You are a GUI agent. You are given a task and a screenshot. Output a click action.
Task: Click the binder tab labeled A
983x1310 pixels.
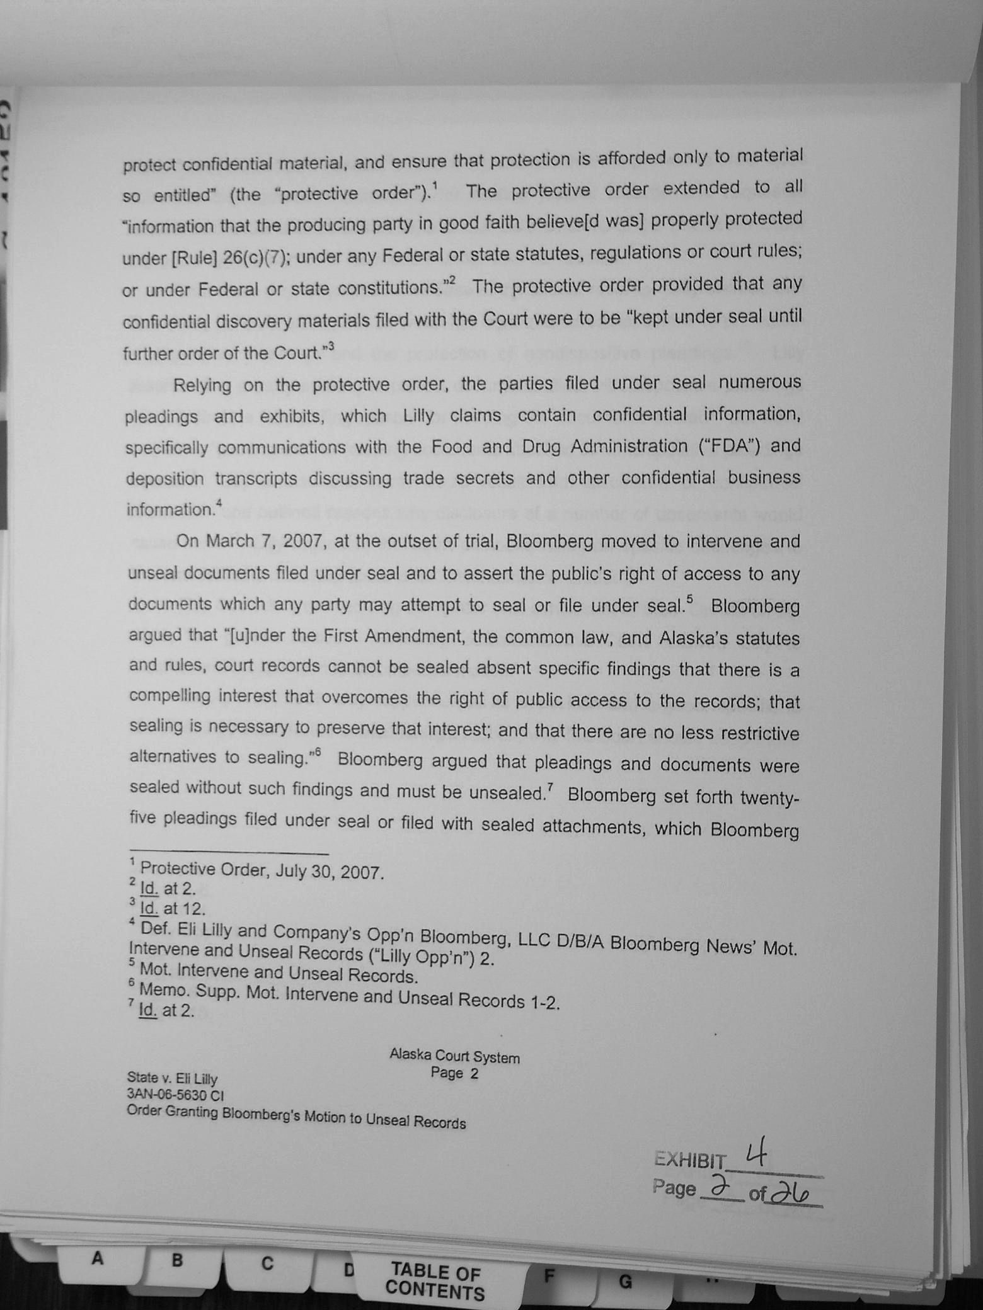(97, 1259)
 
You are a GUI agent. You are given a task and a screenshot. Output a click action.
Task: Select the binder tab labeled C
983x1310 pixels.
(267, 1264)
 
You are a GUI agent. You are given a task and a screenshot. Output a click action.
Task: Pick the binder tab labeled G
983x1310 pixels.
(625, 1281)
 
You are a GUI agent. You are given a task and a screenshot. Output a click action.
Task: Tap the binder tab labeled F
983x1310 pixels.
(549, 1277)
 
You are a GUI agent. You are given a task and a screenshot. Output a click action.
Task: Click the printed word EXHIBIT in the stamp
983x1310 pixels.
(689, 1160)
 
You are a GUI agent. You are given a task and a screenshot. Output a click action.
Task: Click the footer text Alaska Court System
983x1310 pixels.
(454, 1056)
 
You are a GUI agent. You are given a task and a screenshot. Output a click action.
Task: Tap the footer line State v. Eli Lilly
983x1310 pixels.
(172, 1078)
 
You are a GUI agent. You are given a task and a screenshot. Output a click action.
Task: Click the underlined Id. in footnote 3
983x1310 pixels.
(149, 908)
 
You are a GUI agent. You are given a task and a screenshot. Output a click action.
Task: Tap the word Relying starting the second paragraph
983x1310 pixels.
(202, 385)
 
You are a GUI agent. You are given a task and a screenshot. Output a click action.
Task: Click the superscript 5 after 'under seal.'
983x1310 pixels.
(689, 598)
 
